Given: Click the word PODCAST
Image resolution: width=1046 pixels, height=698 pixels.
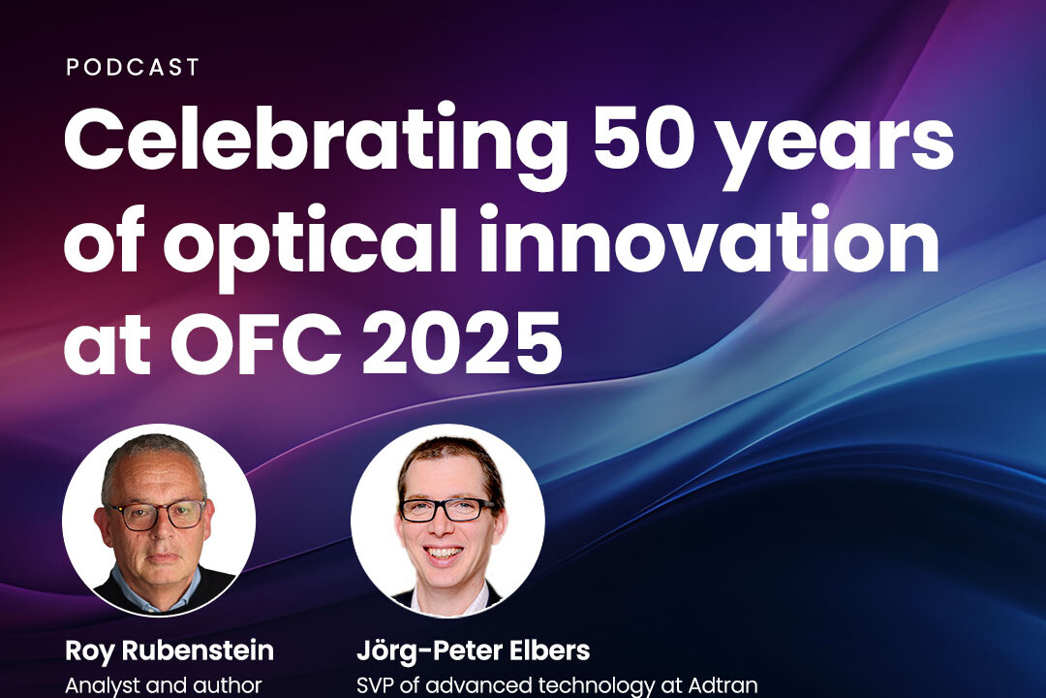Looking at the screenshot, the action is coord(133,68).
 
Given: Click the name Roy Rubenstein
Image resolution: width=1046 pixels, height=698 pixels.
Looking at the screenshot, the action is coord(169,650).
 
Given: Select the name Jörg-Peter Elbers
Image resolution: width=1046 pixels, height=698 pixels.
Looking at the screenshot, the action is coord(473,650).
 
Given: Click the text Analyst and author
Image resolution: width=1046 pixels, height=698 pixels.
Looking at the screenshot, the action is coord(164,685).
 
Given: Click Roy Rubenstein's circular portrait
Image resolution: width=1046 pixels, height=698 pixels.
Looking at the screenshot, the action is coord(159,521).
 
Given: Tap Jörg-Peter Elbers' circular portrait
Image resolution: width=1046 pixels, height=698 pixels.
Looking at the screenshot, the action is coord(447,521).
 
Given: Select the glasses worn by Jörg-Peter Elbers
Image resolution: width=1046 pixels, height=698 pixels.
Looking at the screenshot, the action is coord(446,510).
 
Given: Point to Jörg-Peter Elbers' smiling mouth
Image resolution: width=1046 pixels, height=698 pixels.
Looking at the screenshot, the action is coord(444,553).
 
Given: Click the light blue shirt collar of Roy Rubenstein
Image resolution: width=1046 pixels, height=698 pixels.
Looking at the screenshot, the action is coord(153,587).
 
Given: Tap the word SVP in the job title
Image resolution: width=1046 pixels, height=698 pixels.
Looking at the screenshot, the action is coord(377,685).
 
